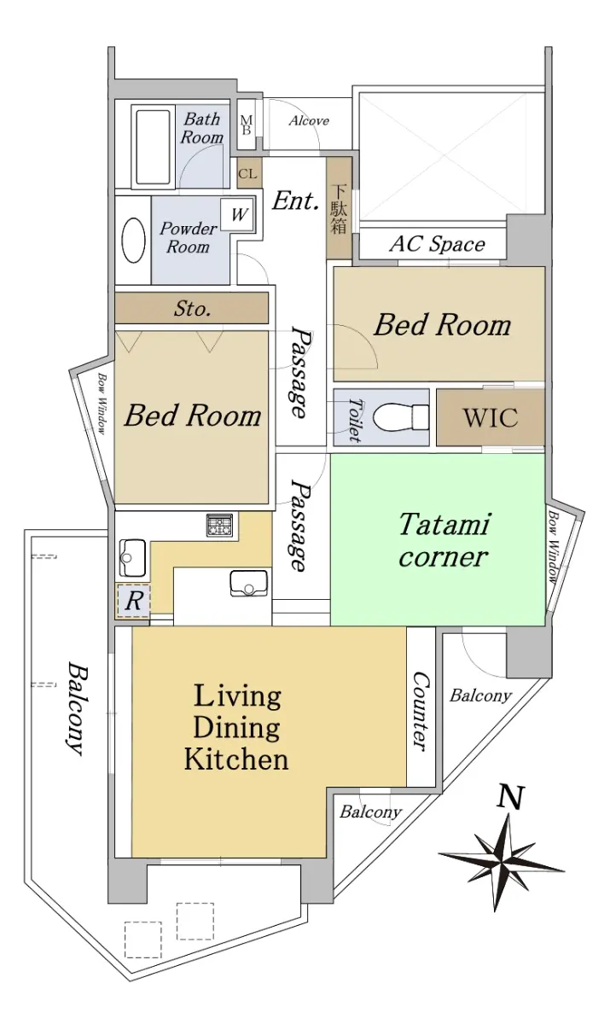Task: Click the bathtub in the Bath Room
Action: tap(153, 146)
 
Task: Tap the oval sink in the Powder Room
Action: tap(133, 240)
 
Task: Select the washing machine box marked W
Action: tap(237, 214)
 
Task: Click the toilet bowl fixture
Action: tap(399, 416)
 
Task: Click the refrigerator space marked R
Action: tap(133, 600)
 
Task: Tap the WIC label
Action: tap(491, 417)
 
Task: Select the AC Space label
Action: tap(437, 244)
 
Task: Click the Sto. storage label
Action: tap(192, 309)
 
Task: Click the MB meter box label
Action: tap(247, 125)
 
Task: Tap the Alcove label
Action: tap(309, 120)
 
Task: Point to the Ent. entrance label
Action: tap(295, 201)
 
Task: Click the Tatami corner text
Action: tap(444, 540)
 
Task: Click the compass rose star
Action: tap(502, 860)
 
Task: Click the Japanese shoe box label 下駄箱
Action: tap(339, 208)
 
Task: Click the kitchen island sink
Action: tap(248, 583)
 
